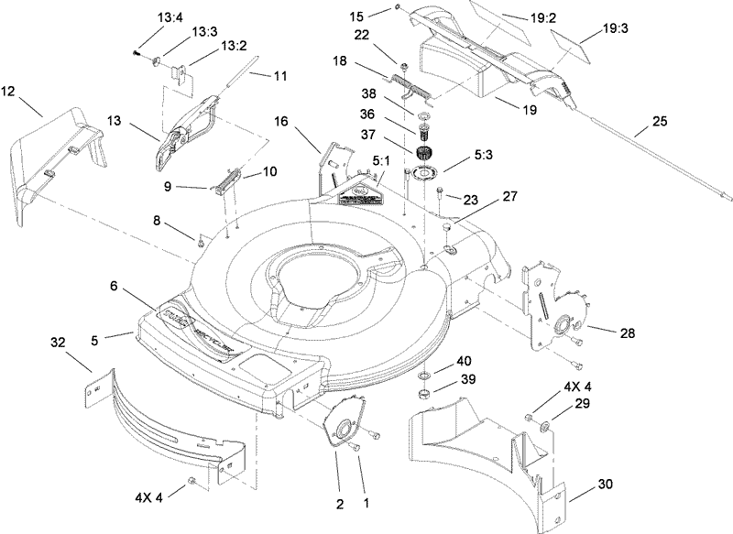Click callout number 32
tap(58, 343)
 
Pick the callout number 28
tap(627, 333)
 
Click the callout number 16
tap(280, 121)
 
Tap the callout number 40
tap(465, 360)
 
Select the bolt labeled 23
tap(441, 193)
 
